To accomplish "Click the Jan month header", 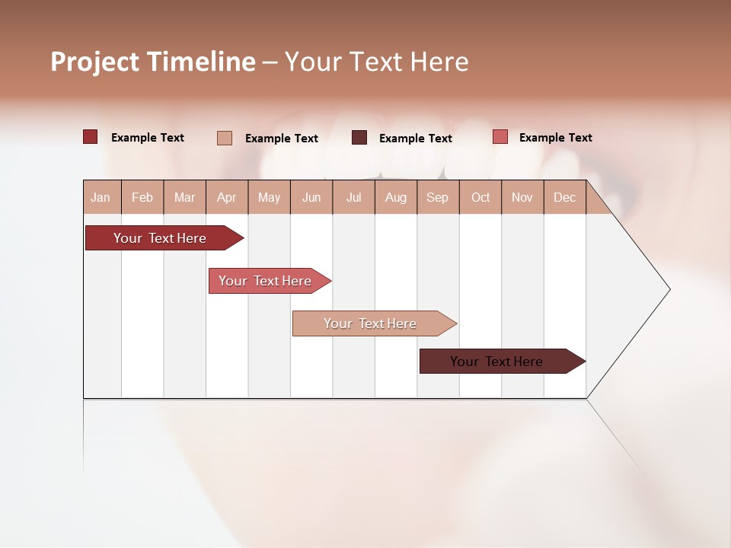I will click(101, 197).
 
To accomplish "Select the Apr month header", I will click(227, 197).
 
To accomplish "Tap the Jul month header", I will click(353, 197).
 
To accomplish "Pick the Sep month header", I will click(437, 197).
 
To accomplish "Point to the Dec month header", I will click(564, 197).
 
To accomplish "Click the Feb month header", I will click(142, 197).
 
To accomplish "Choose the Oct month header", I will click(480, 197).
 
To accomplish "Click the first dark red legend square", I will click(91, 137).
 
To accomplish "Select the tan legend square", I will click(225, 138).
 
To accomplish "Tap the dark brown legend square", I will click(359, 138).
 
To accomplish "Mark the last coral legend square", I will click(500, 137).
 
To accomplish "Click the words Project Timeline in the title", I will click(153, 62).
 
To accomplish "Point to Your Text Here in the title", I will click(376, 62).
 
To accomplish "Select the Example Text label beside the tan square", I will click(281, 139).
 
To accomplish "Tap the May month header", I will click(269, 197).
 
